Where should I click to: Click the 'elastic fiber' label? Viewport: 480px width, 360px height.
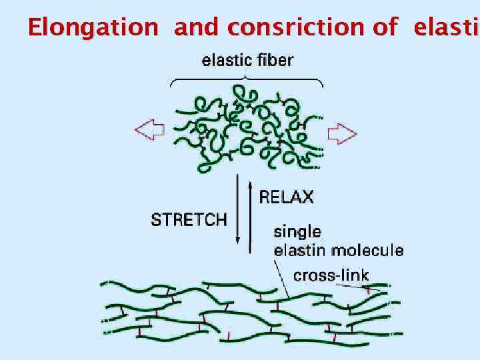(x=247, y=61)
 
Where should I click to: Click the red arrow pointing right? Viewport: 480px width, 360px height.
(x=343, y=133)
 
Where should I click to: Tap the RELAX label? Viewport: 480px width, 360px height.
(x=286, y=197)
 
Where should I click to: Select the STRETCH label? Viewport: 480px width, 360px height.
(x=189, y=219)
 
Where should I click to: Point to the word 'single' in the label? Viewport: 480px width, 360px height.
(x=298, y=232)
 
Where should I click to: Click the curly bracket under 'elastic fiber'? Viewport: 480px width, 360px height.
(x=247, y=81)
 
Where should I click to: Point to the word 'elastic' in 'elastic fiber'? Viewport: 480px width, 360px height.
(x=227, y=61)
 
